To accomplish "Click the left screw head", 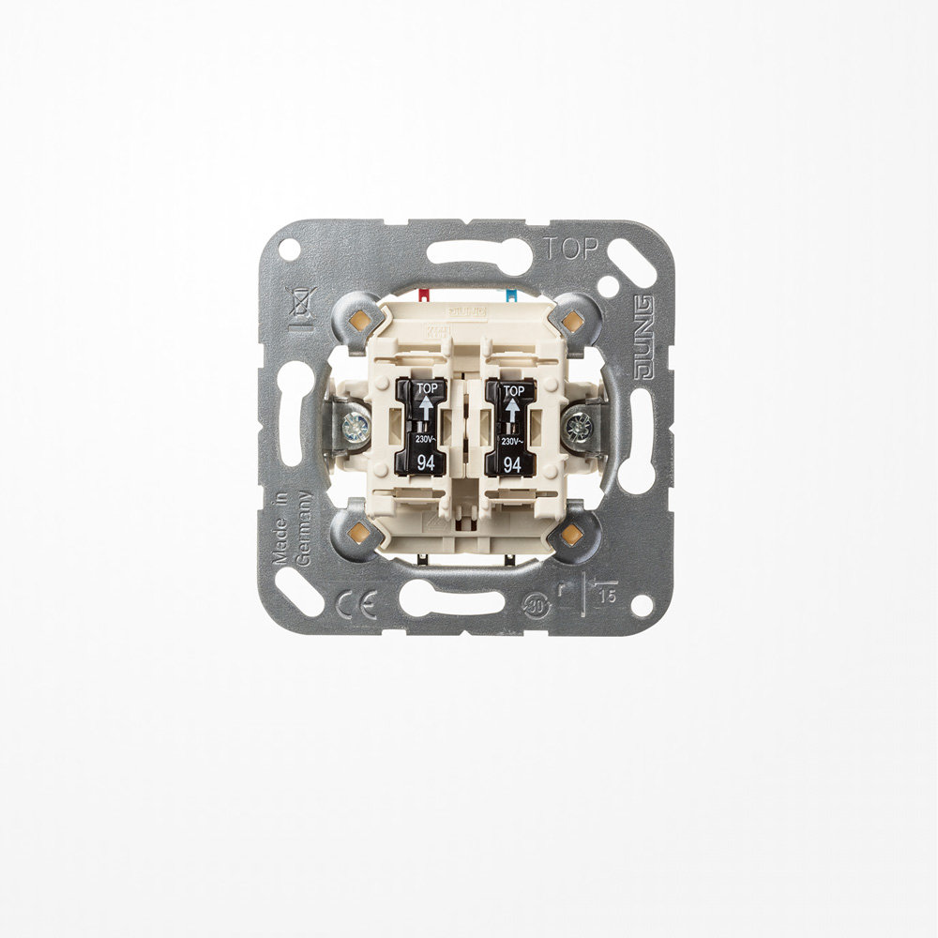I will pos(356,429).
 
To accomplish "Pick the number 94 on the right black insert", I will pos(512,461).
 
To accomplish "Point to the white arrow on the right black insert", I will pos(512,411).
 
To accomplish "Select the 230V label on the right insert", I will pos(512,440).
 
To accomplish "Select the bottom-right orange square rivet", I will pos(571,536).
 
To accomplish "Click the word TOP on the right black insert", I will pos(512,391).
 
